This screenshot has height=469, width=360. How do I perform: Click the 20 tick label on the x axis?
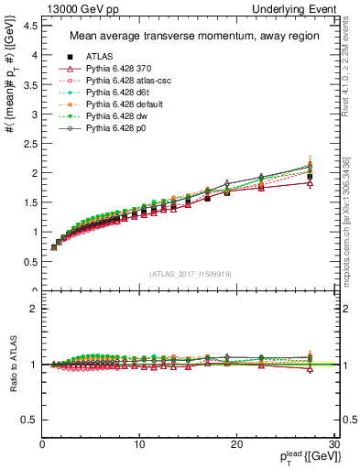pos(236,444)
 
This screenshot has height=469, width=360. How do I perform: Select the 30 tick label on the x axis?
pos(333,444)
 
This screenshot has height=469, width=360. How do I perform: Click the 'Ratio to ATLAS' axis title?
pos(12,364)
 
